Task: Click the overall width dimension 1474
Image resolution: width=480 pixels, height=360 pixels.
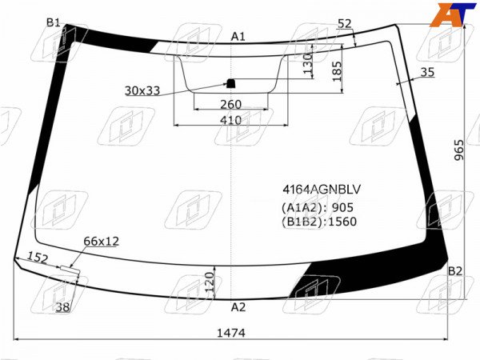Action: (231, 333)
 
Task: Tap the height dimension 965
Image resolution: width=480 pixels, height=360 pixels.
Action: (458, 150)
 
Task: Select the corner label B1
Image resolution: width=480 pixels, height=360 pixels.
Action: (54, 22)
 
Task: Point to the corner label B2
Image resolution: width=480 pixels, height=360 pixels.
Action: (455, 271)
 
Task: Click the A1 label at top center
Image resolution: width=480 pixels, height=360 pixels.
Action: (238, 37)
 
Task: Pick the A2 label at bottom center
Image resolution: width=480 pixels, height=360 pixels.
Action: (238, 307)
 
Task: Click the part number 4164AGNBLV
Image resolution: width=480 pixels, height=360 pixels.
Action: (322, 190)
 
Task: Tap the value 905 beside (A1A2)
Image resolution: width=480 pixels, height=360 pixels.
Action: (342, 207)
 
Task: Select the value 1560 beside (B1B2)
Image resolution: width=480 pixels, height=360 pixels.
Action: (342, 222)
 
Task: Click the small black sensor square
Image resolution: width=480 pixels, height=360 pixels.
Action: (230, 83)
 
